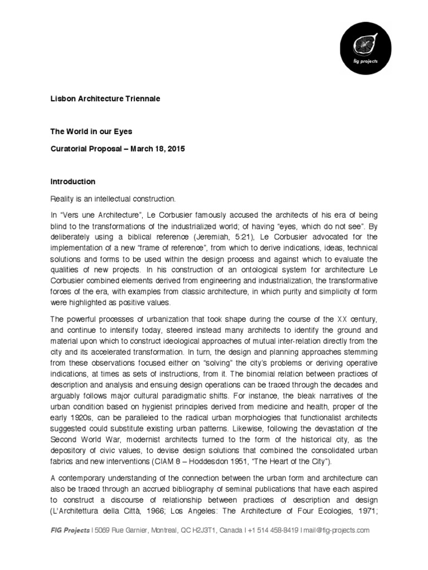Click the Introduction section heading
click(73, 181)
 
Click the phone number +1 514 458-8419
click(270, 530)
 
